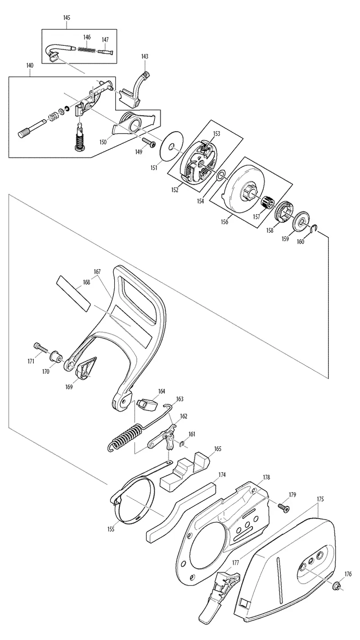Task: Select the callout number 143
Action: click(145, 56)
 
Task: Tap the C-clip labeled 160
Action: click(315, 227)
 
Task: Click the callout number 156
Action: click(225, 222)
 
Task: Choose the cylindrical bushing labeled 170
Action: click(56, 357)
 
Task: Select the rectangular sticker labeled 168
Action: click(73, 293)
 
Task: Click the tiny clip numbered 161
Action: click(182, 444)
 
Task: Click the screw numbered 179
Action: click(283, 508)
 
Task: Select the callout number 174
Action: click(222, 474)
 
